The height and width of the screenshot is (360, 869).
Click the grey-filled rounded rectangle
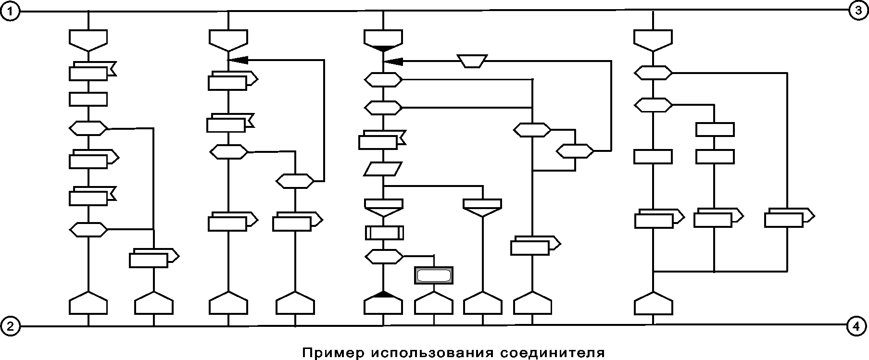[x=433, y=275]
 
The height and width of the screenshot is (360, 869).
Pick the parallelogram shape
[x=383, y=169]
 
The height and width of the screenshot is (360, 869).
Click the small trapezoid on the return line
[x=472, y=61]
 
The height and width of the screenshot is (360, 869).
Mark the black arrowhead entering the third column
[x=393, y=61]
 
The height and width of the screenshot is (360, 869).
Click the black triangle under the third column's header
[x=383, y=49]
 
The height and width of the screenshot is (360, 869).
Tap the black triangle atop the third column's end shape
[x=383, y=294]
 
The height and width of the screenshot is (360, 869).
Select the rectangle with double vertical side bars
[x=384, y=233]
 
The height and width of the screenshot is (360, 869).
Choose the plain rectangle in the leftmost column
[x=88, y=99]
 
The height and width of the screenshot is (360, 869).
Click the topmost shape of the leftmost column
[x=88, y=38]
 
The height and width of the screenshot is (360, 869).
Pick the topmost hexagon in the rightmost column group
[x=653, y=73]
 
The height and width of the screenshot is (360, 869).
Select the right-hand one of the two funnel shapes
[x=482, y=207]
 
